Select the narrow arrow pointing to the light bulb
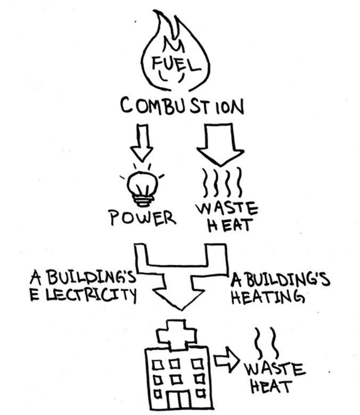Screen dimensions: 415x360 pyautogui.click(x=142, y=142)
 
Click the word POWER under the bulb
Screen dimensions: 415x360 pyautogui.click(x=142, y=218)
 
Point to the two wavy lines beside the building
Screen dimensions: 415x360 pyautogui.click(x=266, y=344)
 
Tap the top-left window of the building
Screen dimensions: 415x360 pyautogui.click(x=158, y=365)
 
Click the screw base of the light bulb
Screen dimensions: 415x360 pyautogui.click(x=142, y=200)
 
